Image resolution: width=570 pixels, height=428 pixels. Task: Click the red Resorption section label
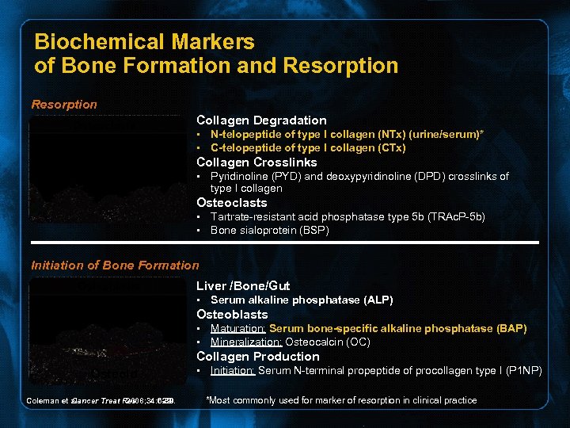click(64, 105)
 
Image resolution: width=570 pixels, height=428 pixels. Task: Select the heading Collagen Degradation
click(261, 120)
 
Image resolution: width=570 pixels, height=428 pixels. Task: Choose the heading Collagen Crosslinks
click(256, 162)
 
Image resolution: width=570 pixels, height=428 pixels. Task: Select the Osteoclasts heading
click(231, 203)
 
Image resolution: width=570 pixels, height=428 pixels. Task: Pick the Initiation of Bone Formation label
click(115, 266)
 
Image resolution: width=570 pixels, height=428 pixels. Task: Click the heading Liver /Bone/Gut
click(243, 285)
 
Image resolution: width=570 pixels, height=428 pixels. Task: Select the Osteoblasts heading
click(232, 315)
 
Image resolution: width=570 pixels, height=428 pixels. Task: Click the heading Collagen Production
click(258, 357)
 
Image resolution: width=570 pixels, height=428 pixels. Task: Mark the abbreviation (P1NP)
click(521, 371)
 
